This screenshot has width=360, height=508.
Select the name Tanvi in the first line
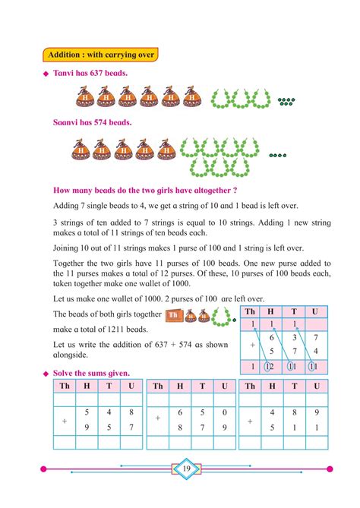66,73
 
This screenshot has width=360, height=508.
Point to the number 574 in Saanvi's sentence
99,122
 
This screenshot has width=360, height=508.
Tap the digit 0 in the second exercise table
223,412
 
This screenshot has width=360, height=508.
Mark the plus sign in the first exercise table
64,419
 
